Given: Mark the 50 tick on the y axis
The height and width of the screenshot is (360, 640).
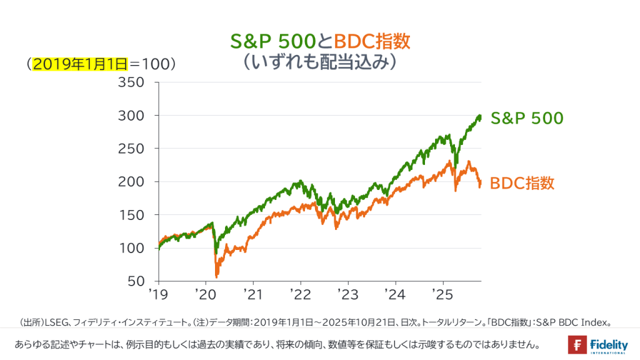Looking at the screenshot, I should click(136, 281).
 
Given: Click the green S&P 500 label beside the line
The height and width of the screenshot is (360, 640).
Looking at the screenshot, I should click(527, 117).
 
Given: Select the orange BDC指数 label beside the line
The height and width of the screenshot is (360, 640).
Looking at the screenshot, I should click(522, 183).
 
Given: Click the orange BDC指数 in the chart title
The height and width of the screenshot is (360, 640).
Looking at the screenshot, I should click(372, 41).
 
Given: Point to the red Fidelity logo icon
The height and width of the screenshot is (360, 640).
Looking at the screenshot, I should click(577, 344).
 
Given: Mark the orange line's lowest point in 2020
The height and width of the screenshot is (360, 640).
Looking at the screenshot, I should click(216, 276).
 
